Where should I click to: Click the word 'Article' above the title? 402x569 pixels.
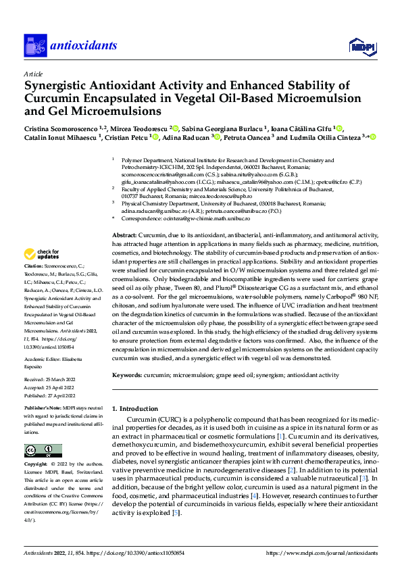tap(33, 74)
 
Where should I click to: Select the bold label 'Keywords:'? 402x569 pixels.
tap(127, 374)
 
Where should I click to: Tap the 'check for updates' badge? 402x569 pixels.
tap(43, 254)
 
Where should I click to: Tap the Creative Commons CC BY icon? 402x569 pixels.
tap(43, 450)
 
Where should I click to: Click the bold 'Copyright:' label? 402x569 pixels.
tap(36, 465)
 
